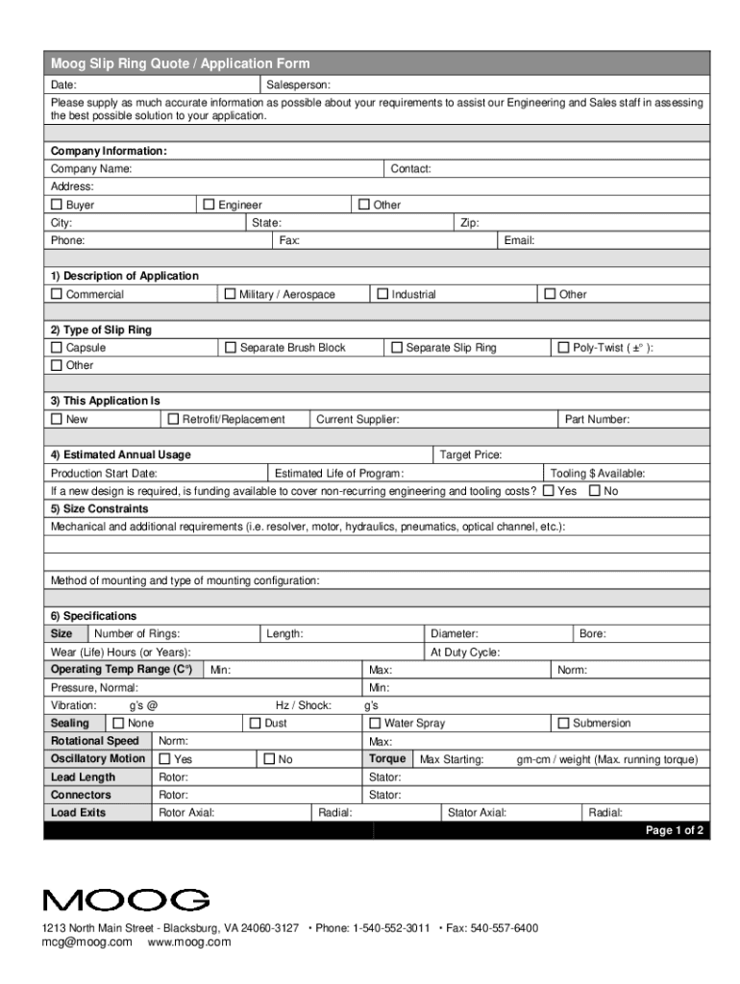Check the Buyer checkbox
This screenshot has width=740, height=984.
[57, 205]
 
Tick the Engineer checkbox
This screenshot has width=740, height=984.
[209, 205]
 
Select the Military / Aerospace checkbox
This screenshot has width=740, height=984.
[230, 294]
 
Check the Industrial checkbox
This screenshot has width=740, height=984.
[382, 294]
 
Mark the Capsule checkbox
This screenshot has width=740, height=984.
[57, 348]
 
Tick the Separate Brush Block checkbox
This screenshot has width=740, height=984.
[230, 348]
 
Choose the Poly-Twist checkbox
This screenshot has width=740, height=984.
[563, 348]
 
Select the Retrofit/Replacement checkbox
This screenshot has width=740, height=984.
[173, 419]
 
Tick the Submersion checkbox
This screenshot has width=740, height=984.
[563, 723]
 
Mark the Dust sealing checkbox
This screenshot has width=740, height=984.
[256, 723]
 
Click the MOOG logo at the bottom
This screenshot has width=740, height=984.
[126, 900]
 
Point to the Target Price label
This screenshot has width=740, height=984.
[470, 455]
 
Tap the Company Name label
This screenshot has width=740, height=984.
[91, 169]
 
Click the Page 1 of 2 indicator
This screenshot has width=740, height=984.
[675, 830]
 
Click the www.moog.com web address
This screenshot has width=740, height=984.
[189, 943]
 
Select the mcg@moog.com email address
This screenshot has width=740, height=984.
[86, 943]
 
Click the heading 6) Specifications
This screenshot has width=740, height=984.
[93, 616]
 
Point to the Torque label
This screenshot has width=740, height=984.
[387, 759]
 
